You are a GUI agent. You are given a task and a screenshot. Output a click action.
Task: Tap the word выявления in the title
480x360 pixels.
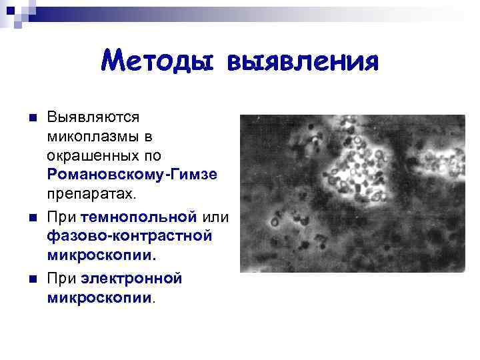(303, 62)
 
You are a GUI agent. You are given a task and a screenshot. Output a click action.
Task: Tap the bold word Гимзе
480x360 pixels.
(194, 175)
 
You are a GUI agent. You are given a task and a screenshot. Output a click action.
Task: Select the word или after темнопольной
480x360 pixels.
(215, 217)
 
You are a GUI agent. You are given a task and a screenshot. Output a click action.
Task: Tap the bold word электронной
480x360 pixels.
(131, 277)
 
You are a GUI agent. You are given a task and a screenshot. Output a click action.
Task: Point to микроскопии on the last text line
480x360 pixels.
(100, 297)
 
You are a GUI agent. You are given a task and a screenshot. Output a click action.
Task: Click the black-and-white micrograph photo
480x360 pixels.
(352, 193)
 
